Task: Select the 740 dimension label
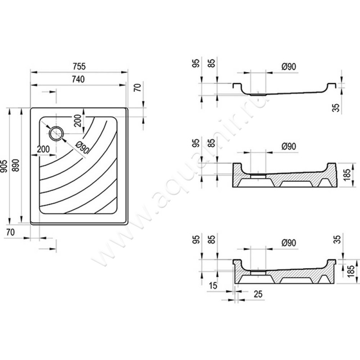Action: (x=78, y=79)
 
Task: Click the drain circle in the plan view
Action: (x=56, y=133)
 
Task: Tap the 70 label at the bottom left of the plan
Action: (x=12, y=233)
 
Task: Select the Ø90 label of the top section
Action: (x=288, y=66)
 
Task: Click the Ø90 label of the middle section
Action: (x=288, y=147)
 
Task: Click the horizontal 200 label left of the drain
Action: (x=43, y=149)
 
